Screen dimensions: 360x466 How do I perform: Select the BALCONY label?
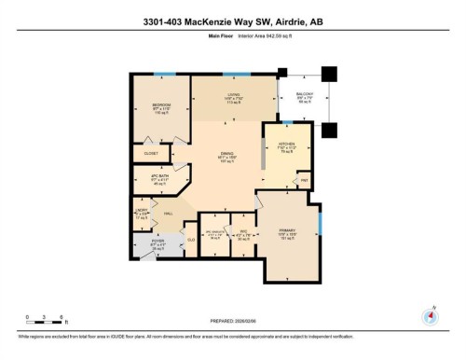(x=305, y=94)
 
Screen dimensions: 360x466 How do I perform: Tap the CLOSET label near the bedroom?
(x=150, y=153)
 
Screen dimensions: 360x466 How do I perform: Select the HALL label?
(x=169, y=214)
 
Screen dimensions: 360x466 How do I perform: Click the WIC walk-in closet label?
(x=241, y=229)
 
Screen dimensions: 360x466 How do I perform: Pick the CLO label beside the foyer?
(x=190, y=240)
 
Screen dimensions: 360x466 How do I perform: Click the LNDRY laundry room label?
(x=142, y=212)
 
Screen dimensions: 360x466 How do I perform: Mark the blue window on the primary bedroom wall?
(x=320, y=224)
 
